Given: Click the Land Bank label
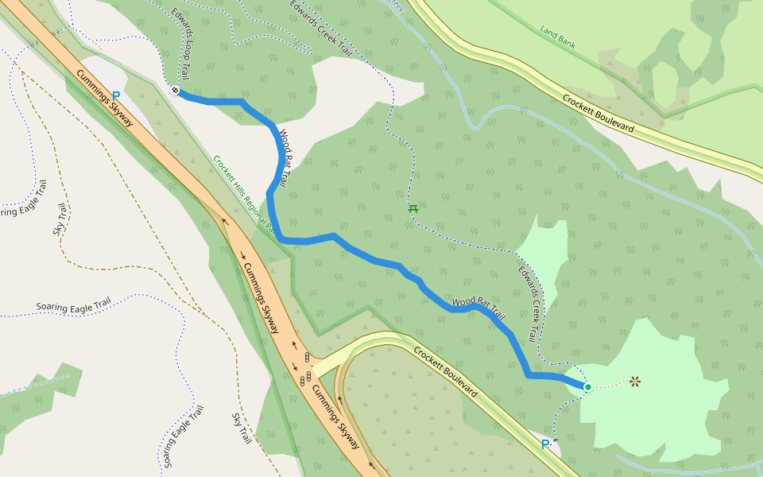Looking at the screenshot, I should (557, 37).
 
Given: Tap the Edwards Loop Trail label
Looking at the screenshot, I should (181, 43).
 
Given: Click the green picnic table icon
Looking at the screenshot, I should (412, 209).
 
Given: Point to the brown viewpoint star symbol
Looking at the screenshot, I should (635, 382).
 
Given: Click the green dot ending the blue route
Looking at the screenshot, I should (587, 387).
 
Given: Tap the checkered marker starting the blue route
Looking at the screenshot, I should (175, 90).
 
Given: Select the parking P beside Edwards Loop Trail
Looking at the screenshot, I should (116, 96).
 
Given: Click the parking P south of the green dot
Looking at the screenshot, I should (544, 444).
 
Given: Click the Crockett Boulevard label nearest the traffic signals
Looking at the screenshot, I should (445, 371).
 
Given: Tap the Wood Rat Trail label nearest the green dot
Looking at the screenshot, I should (478, 308).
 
